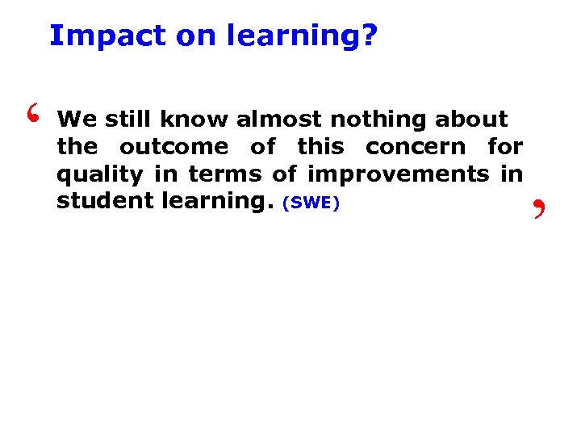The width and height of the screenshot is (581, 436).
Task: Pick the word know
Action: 194,120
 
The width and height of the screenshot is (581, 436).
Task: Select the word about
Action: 472,120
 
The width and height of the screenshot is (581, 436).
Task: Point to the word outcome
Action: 173,148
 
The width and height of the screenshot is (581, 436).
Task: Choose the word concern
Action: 416,148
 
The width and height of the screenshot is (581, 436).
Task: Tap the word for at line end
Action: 505,148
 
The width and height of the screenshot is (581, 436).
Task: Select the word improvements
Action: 399,175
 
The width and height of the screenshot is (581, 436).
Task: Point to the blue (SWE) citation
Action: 311,203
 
